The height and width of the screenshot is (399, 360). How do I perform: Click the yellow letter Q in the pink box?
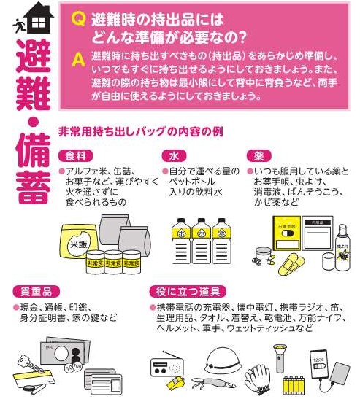coord(78,20)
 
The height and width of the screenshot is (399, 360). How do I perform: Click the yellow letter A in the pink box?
coord(78,60)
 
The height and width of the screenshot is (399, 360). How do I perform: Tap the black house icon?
coord(39,18)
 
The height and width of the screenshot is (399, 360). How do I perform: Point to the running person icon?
coord(18,25)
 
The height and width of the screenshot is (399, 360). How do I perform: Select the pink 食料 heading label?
coord(75,155)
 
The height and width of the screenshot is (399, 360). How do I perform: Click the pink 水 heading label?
coord(174,155)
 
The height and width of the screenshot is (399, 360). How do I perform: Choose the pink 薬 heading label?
coord(258,155)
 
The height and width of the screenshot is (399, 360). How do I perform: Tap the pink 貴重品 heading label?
coord(36,292)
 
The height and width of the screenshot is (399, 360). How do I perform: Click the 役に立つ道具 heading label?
coord(188,292)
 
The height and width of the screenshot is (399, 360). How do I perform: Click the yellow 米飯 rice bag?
coord(77,241)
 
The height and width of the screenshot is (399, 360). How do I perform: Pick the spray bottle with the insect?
coord(342,247)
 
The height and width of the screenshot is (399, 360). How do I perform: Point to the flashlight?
coord(280,358)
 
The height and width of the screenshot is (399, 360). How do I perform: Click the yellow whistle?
coord(176,382)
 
